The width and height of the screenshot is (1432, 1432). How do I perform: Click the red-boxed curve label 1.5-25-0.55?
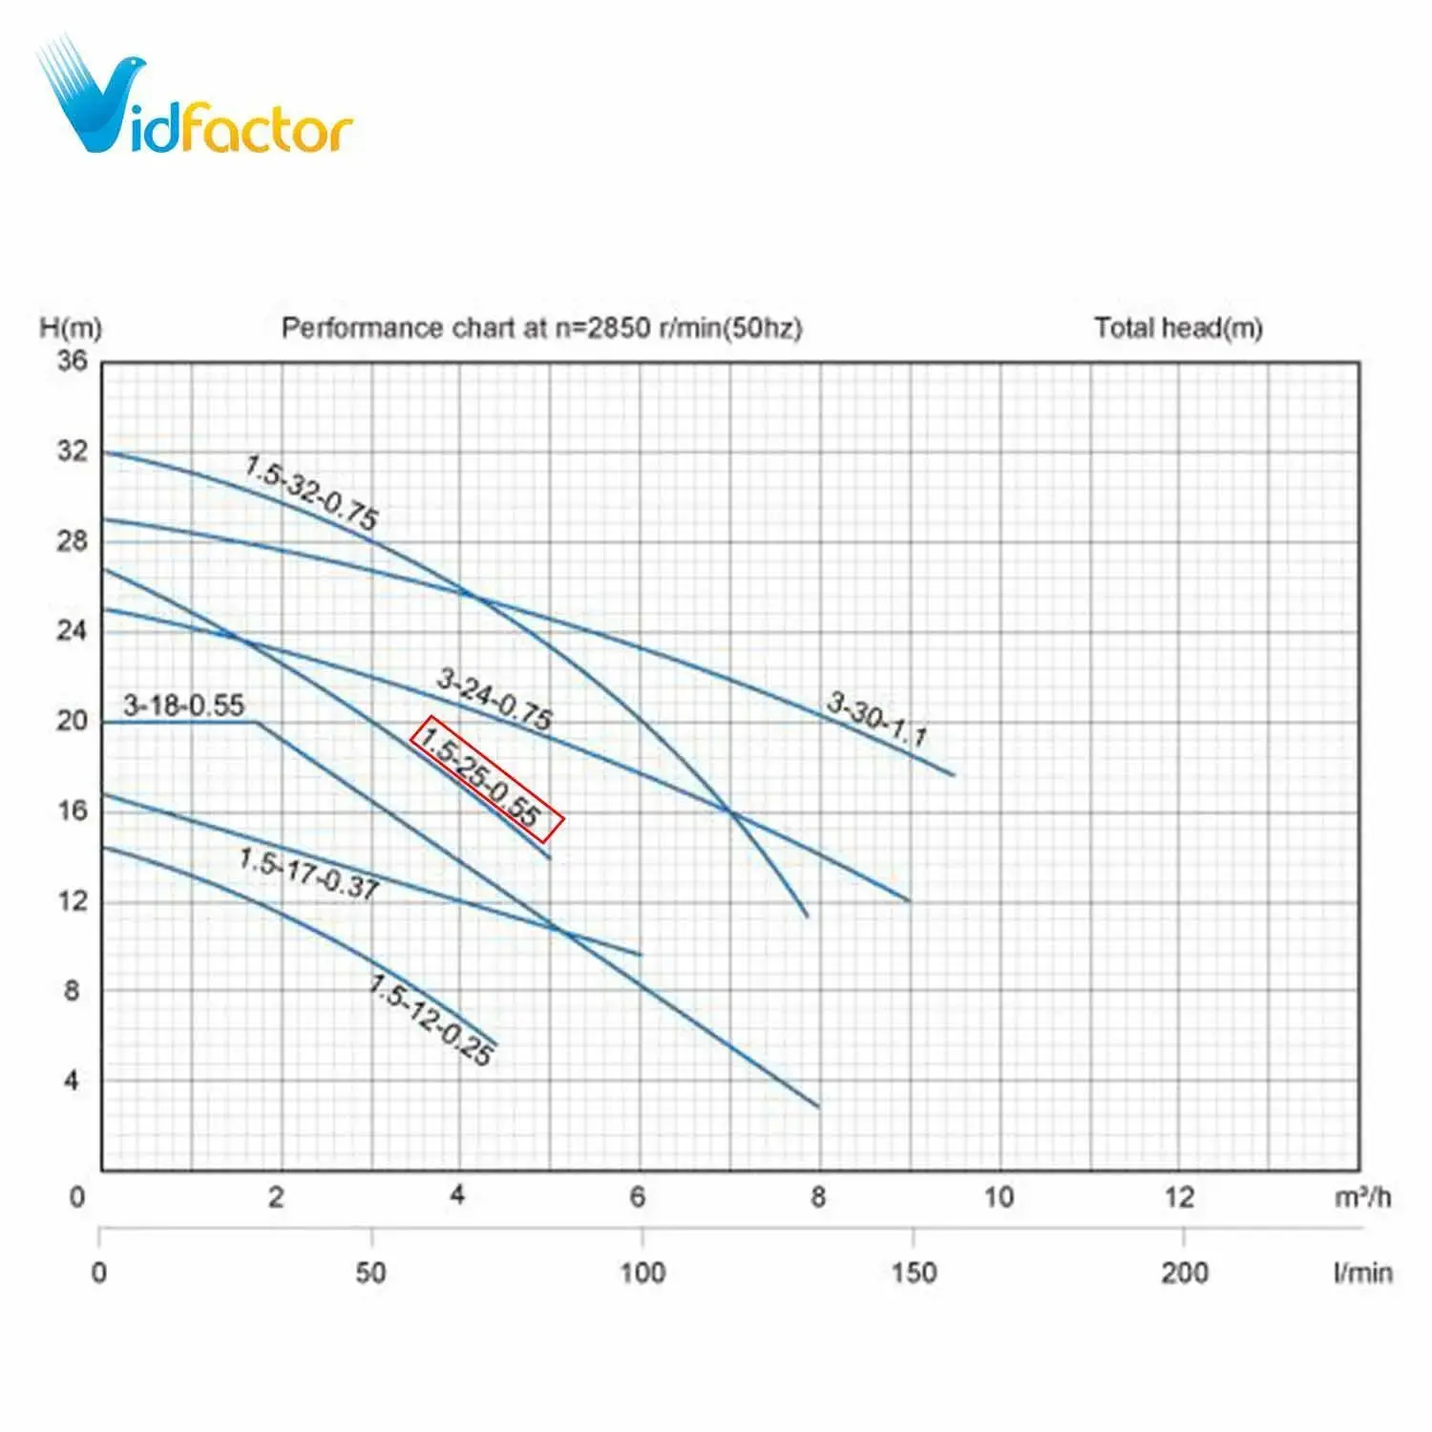(x=487, y=779)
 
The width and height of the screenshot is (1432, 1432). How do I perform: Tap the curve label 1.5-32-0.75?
(x=311, y=493)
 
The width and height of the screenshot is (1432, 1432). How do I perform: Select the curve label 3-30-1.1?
(x=876, y=719)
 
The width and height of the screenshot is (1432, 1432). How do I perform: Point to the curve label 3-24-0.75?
(x=495, y=698)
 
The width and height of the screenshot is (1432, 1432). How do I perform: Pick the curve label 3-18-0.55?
(x=184, y=705)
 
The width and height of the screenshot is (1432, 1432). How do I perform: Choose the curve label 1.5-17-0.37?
(x=308, y=874)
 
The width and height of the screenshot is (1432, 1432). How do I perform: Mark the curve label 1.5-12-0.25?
(x=432, y=1020)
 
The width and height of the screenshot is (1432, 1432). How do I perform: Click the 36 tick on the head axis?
(x=72, y=361)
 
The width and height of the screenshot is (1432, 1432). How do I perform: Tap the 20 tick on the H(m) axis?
(x=72, y=721)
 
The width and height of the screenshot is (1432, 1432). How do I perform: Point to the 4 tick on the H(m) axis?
(x=72, y=1081)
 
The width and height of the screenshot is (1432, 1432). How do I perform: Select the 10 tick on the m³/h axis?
(x=999, y=1197)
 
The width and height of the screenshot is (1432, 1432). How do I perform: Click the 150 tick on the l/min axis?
(x=914, y=1273)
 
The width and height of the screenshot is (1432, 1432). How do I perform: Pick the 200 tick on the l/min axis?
(x=1185, y=1273)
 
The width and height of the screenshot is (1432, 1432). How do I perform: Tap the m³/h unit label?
(x=1362, y=1197)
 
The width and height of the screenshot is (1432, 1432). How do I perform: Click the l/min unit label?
(x=1362, y=1273)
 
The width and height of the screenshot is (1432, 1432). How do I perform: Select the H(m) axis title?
(x=71, y=327)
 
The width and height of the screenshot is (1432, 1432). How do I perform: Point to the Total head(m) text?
(x=1178, y=327)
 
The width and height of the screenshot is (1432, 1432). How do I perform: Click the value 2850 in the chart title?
(x=619, y=327)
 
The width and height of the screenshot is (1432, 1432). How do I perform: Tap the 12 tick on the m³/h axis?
(x=1179, y=1197)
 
